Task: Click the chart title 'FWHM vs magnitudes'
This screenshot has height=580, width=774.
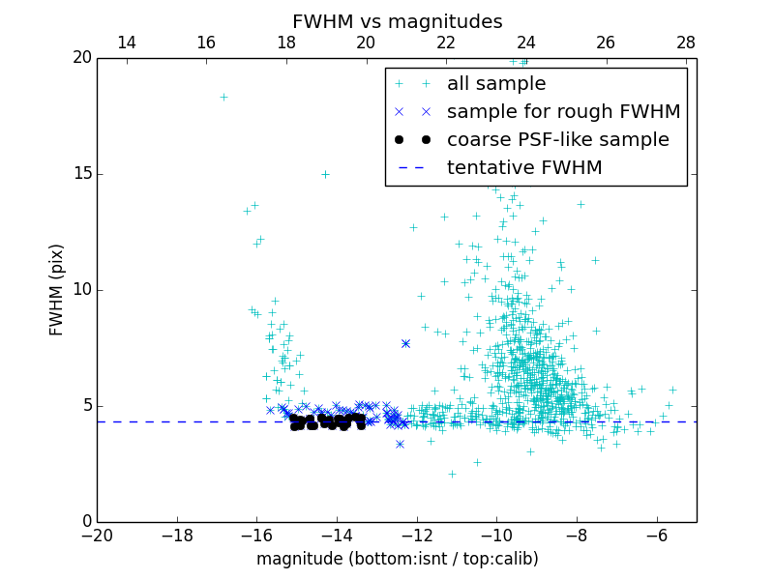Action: tap(397, 21)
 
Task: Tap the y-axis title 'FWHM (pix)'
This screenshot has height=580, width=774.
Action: tap(57, 289)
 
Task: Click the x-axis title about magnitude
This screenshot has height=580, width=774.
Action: tap(397, 559)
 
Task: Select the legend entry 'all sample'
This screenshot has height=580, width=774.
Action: tap(496, 84)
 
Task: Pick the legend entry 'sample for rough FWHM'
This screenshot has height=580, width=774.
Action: tap(563, 112)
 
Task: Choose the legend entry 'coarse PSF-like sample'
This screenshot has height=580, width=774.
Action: tap(557, 140)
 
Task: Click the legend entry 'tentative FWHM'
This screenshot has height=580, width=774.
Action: tap(523, 168)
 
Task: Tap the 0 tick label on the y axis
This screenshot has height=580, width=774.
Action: tap(86, 522)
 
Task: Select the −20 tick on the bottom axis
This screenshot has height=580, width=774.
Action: tap(97, 536)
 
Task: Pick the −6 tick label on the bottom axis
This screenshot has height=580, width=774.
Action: tap(657, 536)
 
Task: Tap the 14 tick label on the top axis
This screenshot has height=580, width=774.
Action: tap(126, 43)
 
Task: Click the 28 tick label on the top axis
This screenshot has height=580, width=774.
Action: tap(686, 43)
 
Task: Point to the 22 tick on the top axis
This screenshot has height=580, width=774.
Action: tap(446, 43)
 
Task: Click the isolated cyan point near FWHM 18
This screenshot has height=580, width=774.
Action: tap(223, 97)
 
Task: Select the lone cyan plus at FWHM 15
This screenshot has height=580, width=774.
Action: tap(325, 174)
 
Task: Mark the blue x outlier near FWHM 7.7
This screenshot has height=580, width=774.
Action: tap(405, 343)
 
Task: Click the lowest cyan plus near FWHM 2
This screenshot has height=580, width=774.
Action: tap(452, 474)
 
